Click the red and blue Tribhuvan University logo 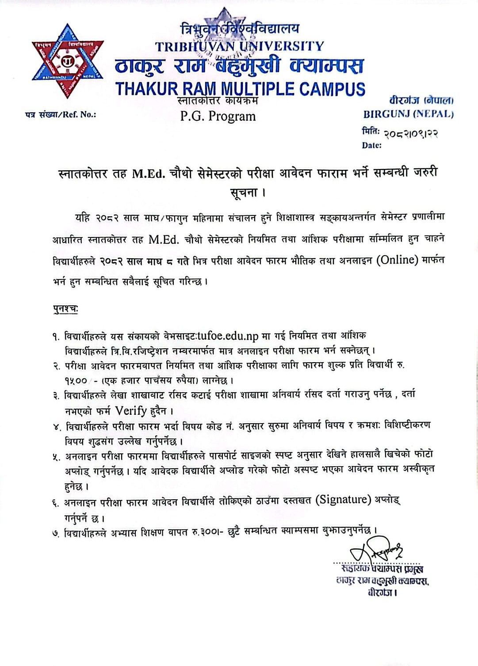tap(68, 61)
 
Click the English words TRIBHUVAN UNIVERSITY tap(239, 46)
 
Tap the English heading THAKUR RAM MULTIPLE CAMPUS tap(240, 89)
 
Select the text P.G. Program tap(218, 116)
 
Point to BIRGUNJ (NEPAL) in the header tap(408, 114)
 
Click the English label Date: tap(371, 145)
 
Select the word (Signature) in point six tap(343, 500)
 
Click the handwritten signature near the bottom tap(376, 551)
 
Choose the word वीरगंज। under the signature tap(382, 593)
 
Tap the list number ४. tap(56, 427)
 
